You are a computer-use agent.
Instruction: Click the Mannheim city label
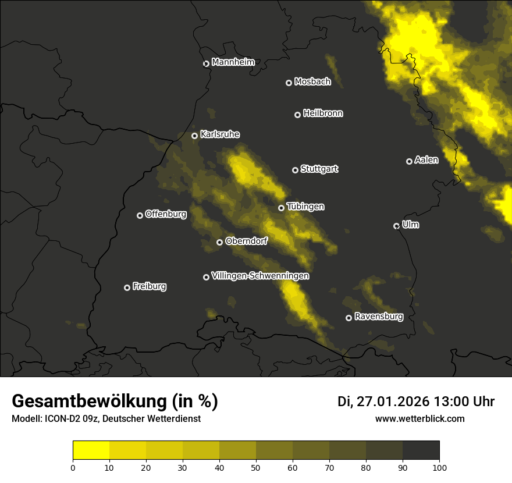click(233, 62)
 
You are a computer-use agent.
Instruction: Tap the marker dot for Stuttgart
click(295, 170)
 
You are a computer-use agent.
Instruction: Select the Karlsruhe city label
click(220, 134)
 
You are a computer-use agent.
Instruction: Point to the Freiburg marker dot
click(127, 287)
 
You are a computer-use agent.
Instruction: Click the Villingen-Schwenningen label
click(260, 276)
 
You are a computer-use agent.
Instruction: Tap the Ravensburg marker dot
click(349, 318)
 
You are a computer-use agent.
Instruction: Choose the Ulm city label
click(410, 225)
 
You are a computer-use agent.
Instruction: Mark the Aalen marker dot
click(409, 161)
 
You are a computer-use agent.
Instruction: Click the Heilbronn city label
click(323, 113)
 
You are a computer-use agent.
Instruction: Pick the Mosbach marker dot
click(289, 83)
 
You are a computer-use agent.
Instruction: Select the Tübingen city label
click(305, 207)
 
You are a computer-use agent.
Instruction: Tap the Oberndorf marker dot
click(219, 242)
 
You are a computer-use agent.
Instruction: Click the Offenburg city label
click(166, 214)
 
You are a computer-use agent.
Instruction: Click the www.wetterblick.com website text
click(419, 419)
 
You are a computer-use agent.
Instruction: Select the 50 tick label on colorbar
click(256, 467)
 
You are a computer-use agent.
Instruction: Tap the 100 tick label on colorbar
click(439, 467)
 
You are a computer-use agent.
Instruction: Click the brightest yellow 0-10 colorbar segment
click(91, 450)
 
